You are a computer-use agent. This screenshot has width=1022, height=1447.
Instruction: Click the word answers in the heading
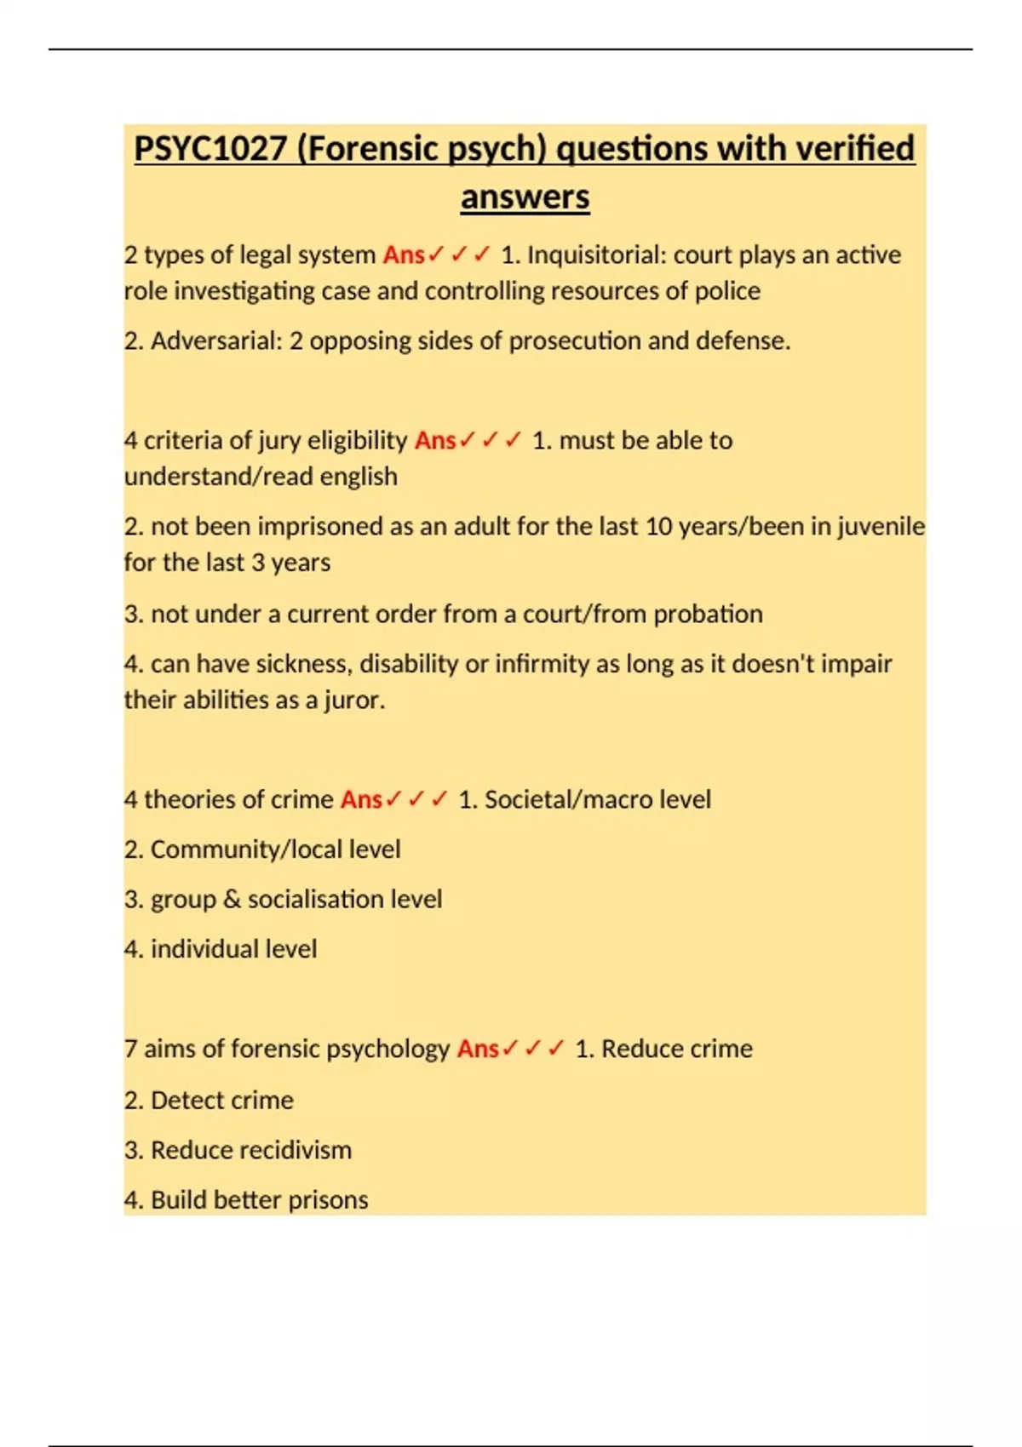coord(525,197)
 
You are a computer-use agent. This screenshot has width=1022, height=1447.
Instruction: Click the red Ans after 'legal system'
coord(404,255)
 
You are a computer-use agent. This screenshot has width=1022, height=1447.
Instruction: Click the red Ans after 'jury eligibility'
coord(435,441)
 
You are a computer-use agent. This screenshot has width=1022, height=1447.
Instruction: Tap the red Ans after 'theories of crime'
coord(361,800)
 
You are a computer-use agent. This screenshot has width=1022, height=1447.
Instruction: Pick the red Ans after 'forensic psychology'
coord(478,1049)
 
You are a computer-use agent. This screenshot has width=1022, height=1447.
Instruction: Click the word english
coord(358,477)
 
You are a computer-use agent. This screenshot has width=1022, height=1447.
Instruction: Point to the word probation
coord(708,615)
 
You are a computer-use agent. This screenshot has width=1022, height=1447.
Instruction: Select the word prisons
coord(328,1200)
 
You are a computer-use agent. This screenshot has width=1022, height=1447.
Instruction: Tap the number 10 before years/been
coord(659,527)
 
